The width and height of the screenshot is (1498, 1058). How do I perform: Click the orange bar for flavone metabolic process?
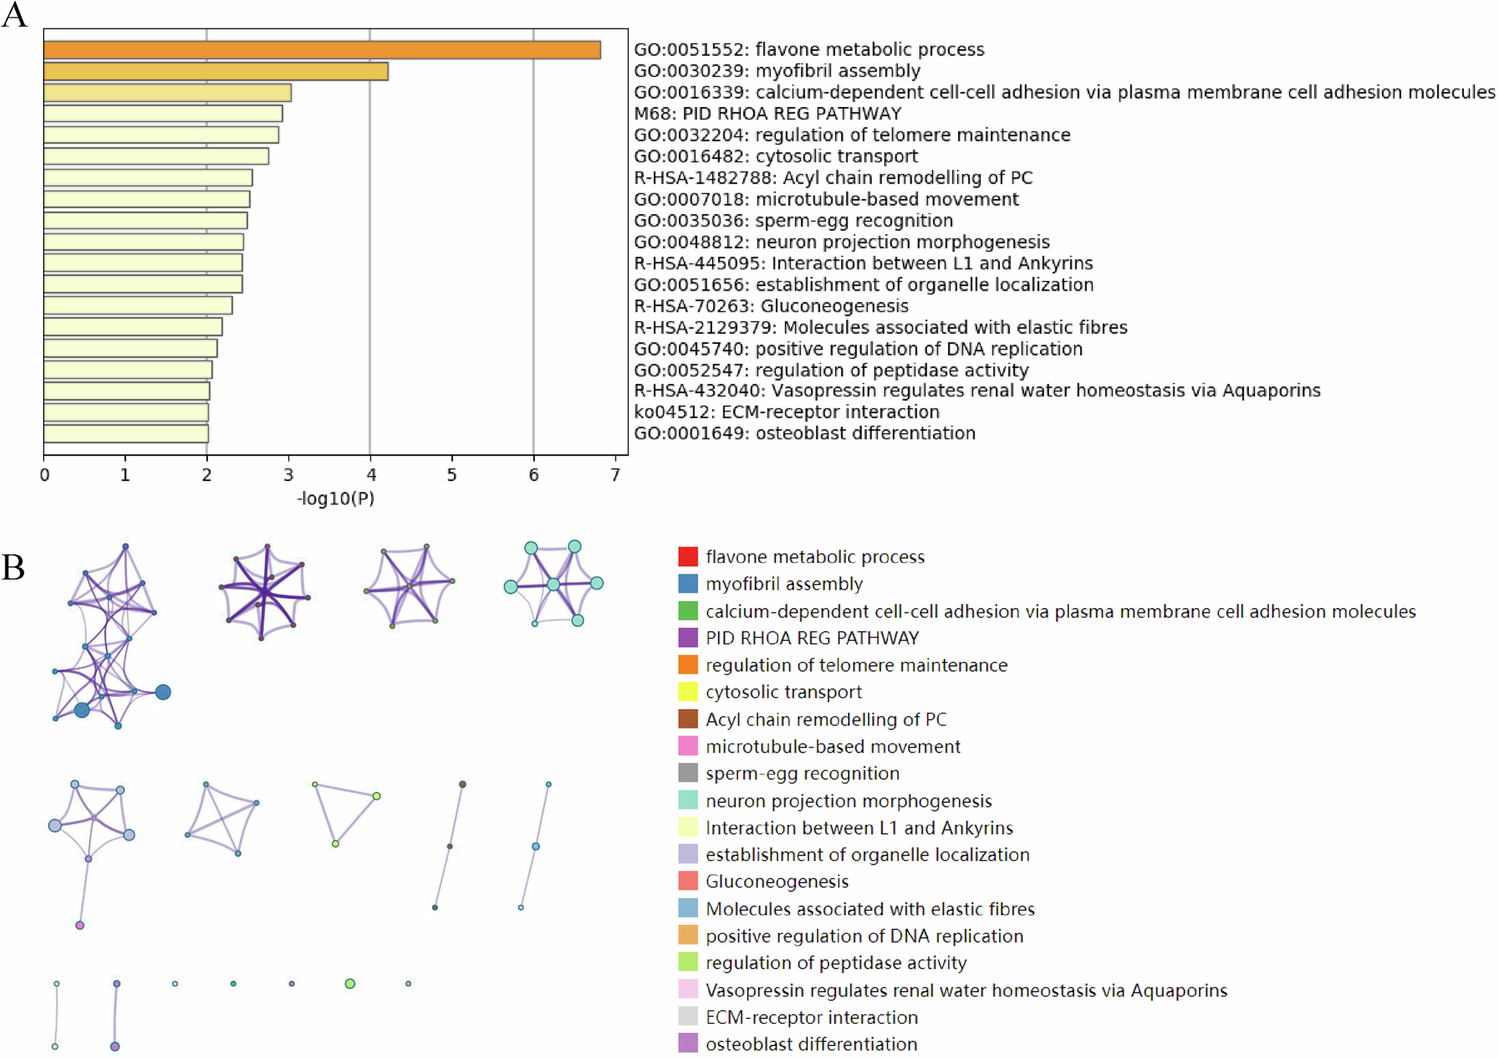pos(322,50)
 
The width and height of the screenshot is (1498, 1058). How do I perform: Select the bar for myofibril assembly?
pos(215,71)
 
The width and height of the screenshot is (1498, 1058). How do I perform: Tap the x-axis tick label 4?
pos(371,475)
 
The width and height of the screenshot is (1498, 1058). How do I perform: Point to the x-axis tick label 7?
pos(615,475)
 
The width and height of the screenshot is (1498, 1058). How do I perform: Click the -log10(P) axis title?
pos(335,499)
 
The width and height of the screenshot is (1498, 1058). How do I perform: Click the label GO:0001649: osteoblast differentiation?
pos(804,433)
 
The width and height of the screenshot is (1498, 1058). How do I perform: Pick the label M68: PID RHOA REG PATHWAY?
pos(768,114)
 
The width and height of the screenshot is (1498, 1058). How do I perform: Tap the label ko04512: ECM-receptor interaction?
pos(787,412)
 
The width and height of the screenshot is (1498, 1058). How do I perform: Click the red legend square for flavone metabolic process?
pos(688,556)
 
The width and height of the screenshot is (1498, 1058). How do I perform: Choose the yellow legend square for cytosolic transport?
pos(688,691)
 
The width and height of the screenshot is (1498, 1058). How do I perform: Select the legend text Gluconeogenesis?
pos(777,881)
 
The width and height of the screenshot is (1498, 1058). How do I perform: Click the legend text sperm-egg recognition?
pos(802,773)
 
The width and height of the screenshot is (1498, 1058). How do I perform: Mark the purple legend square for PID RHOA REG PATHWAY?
pos(688,638)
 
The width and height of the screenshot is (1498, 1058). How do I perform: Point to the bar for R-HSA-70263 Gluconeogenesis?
pos(138,306)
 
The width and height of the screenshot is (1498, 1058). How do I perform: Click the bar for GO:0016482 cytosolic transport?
pos(156,156)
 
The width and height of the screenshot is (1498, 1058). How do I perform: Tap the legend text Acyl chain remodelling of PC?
pos(826,719)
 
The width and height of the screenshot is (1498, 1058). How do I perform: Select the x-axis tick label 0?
pos(45,475)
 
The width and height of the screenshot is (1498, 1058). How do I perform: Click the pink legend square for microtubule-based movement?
pos(688,746)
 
